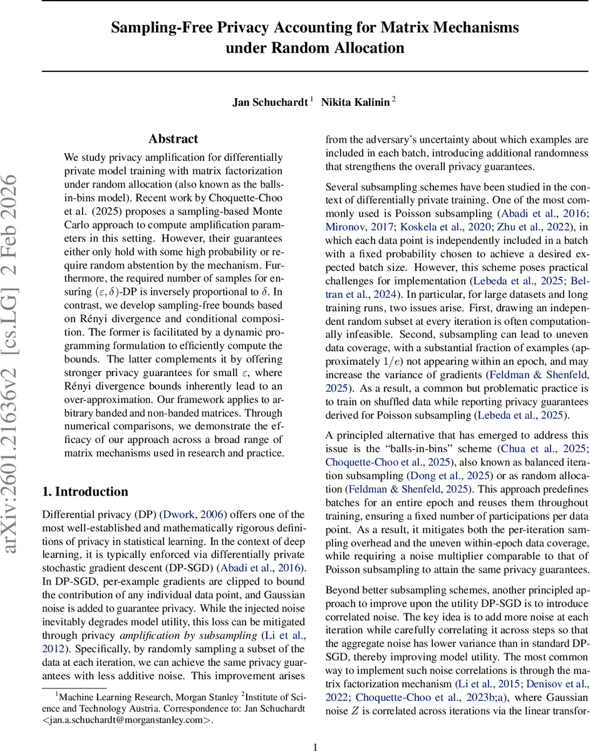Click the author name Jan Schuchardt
271,102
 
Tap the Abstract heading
173,139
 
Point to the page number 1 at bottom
316,729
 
